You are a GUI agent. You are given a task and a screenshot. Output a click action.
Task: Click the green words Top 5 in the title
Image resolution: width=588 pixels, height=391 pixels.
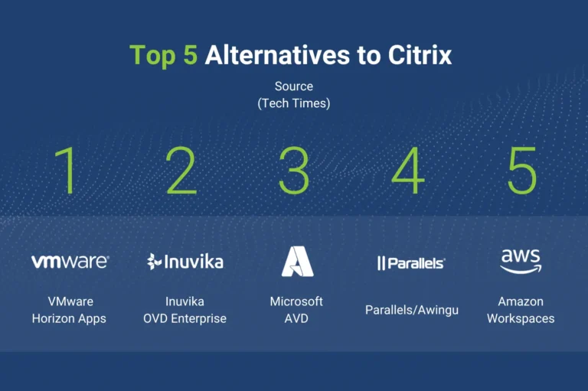[164, 56]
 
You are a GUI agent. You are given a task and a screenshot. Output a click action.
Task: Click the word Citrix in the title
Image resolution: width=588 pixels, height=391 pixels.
[420, 55]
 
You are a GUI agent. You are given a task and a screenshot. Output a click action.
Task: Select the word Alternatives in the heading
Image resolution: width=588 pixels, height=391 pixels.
[277, 55]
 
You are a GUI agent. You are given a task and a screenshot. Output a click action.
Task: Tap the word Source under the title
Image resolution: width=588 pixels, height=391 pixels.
[294, 86]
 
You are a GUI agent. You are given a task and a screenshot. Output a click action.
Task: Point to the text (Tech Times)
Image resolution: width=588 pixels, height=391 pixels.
[294, 103]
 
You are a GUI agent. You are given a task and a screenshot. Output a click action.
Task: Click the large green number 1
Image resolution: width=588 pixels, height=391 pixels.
[65, 170]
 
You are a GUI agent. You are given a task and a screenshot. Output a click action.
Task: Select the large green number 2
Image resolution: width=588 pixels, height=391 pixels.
[181, 170]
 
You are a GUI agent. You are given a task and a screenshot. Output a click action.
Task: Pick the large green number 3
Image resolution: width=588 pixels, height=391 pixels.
[294, 170]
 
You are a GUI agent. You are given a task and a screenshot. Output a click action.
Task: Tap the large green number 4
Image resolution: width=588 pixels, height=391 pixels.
[408, 170]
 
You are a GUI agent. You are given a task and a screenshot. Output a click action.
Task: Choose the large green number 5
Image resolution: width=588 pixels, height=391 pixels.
[522, 171]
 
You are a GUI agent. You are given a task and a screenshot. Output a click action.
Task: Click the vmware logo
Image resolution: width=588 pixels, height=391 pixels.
[70, 261]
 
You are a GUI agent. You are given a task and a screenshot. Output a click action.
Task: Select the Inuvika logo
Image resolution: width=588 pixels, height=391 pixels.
[185, 261]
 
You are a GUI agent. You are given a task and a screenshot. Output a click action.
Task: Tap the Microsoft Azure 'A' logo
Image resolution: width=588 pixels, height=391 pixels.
[297, 261]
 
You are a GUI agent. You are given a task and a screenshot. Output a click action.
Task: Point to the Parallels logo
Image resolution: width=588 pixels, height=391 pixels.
[411, 263]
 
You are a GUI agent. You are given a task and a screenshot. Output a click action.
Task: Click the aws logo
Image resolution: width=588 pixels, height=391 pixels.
[521, 261]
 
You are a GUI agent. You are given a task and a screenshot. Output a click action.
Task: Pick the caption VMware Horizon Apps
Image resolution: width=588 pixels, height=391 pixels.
[69, 310]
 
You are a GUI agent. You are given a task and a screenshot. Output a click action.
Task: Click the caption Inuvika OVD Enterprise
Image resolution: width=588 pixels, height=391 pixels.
[185, 310]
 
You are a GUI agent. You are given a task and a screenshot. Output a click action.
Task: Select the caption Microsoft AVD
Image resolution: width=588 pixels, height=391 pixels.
[296, 310]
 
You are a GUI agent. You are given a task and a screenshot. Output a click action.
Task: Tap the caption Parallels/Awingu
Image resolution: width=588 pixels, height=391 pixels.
[412, 311]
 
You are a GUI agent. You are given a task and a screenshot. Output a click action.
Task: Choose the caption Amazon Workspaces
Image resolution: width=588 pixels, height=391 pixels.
[521, 310]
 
